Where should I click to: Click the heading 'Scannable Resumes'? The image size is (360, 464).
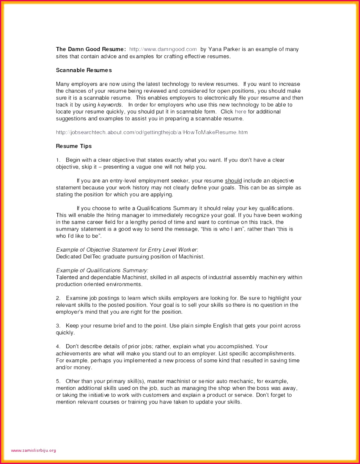click(84, 70)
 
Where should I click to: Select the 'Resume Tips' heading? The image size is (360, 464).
click(74, 146)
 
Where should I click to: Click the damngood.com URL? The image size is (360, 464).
click(163, 49)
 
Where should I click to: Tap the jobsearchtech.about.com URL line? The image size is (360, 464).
click(151, 133)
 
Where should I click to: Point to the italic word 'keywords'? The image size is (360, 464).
click(110, 105)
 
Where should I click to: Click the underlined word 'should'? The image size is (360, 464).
click(233, 181)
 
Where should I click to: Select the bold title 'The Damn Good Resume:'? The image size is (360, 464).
click(91, 49)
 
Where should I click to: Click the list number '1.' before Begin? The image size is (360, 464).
click(58, 160)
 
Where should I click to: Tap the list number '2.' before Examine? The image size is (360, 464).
click(58, 298)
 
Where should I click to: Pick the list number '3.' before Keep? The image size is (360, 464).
click(58, 326)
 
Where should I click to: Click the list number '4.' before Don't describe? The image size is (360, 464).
click(58, 346)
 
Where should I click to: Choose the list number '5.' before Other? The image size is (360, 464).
click(58, 381)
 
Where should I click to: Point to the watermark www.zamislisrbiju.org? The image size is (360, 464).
click(33, 450)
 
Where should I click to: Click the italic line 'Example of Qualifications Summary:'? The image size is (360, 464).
click(102, 270)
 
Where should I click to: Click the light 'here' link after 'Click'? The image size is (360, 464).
click(240, 112)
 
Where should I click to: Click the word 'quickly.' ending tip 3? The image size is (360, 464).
click(65, 333)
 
